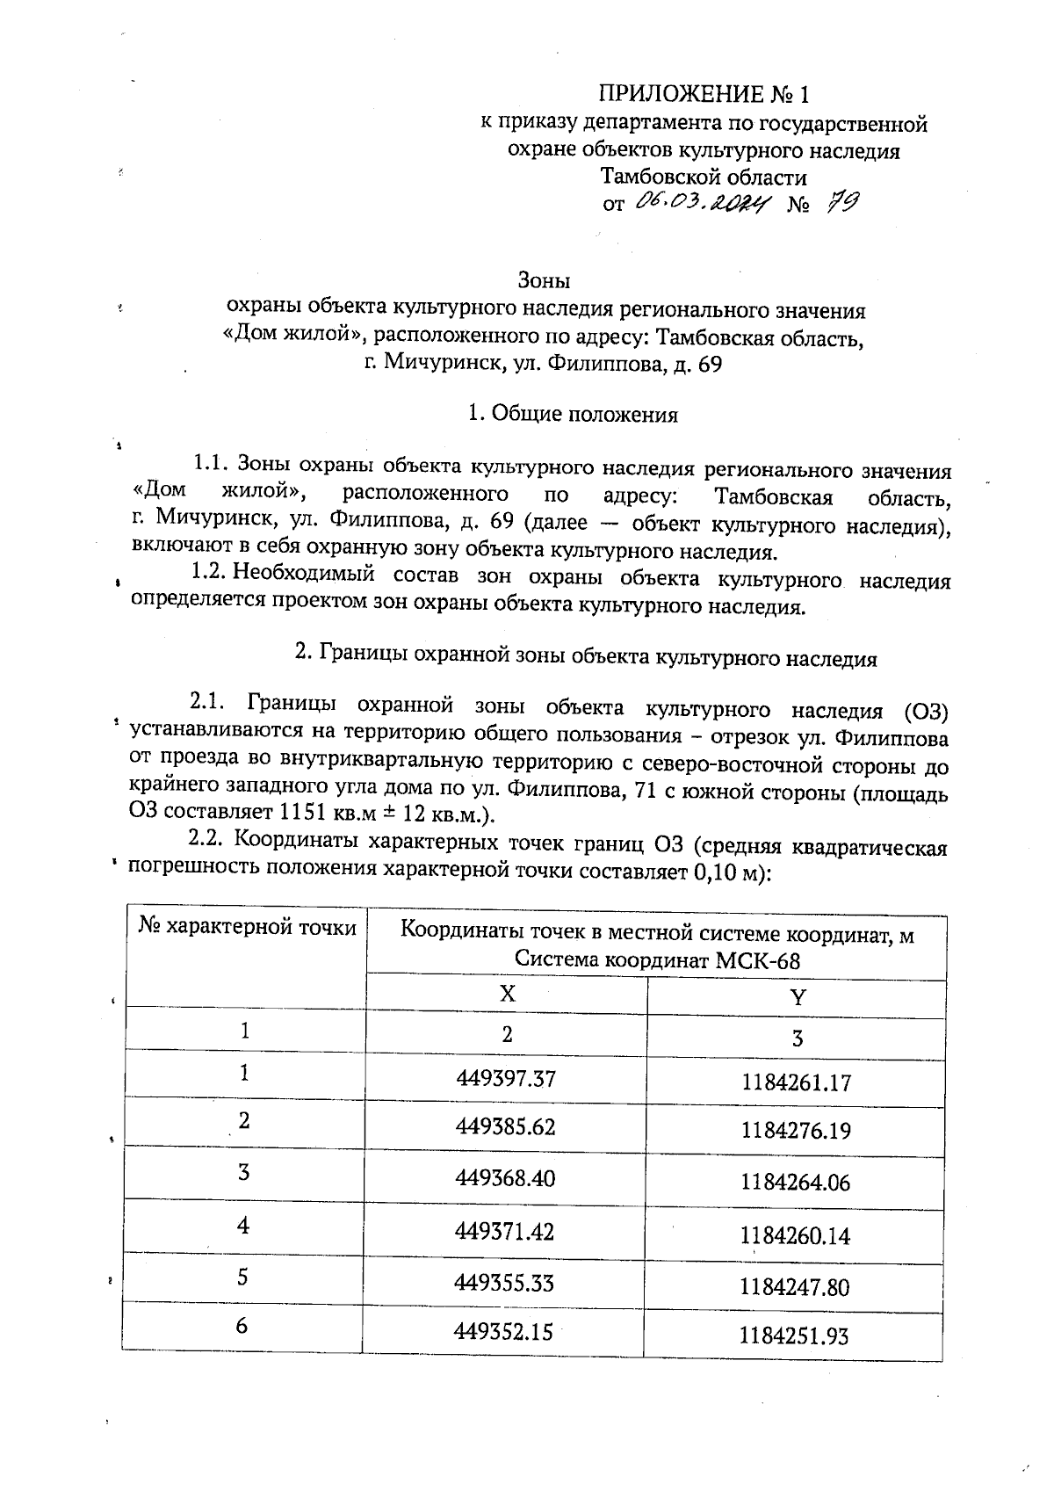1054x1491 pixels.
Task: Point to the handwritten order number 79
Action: tap(841, 203)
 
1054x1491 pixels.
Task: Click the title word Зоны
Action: tap(545, 281)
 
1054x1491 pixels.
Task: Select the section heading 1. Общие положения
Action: tap(573, 414)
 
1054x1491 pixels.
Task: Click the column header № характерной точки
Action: tap(248, 928)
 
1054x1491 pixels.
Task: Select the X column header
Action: tap(507, 993)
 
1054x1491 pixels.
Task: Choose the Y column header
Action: tap(797, 997)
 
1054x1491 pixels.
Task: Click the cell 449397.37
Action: tap(506, 1077)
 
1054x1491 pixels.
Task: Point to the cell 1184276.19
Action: tap(796, 1130)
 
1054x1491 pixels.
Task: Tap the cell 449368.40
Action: tap(505, 1178)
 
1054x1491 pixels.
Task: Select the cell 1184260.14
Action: tap(795, 1236)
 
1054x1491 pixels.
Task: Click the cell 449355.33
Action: tap(504, 1282)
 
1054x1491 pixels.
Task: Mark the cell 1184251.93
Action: tap(794, 1337)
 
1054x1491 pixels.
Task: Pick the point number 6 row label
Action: tap(242, 1326)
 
